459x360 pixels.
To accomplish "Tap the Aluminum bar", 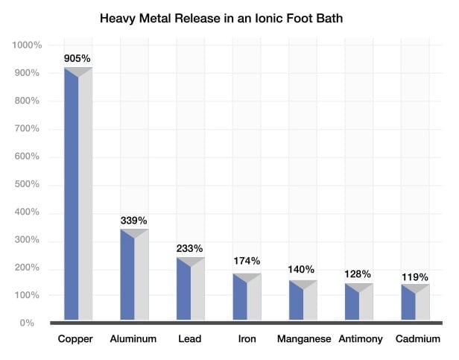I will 134,276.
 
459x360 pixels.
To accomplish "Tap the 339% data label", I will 134,220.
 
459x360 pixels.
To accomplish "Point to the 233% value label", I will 190,248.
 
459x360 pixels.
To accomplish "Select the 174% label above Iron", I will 246,261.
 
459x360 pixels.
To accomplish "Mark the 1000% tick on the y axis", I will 28,45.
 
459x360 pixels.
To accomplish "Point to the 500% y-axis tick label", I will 30,185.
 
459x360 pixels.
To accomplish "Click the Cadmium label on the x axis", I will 416,339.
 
